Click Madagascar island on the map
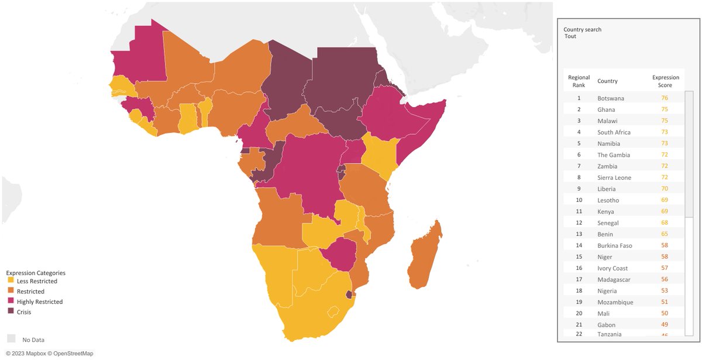pos(426,258)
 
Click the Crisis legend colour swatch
pos(10,312)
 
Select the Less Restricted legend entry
pos(37,281)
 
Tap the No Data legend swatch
pos(11,339)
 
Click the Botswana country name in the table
pos(611,98)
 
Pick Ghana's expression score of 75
pos(665,109)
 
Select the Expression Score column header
pos(666,81)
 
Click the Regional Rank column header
pos(579,81)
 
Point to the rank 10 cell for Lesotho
pos(579,200)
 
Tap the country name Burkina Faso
pos(615,245)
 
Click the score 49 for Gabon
pos(665,325)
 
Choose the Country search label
pos(582,29)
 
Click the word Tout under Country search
pos(570,36)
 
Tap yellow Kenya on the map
pos(381,155)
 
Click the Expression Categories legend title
pos(36,273)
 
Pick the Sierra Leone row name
pos(614,177)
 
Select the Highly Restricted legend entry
pos(39,301)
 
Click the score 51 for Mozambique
pos(665,302)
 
